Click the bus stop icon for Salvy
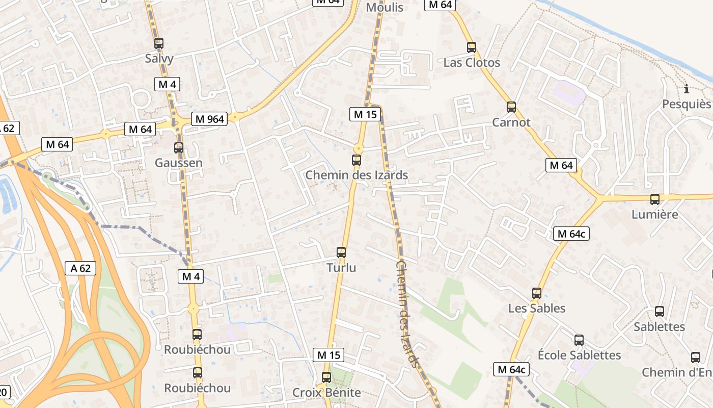click(159, 43)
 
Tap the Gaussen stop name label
click(179, 163)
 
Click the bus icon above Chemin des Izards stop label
click(356, 160)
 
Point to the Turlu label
click(341, 268)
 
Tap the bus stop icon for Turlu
click(341, 252)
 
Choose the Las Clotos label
click(472, 63)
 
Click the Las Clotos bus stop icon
click(472, 47)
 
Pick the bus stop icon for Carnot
click(511, 107)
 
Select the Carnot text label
click(511, 122)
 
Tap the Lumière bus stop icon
click(655, 199)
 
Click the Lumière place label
click(655, 214)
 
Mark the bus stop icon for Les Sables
click(537, 293)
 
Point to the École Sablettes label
click(580, 355)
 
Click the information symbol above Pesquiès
click(687, 89)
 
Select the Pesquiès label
click(687, 104)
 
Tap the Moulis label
click(385, 8)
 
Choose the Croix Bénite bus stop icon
click(326, 377)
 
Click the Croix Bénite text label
click(326, 393)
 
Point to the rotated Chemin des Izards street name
click(409, 314)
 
